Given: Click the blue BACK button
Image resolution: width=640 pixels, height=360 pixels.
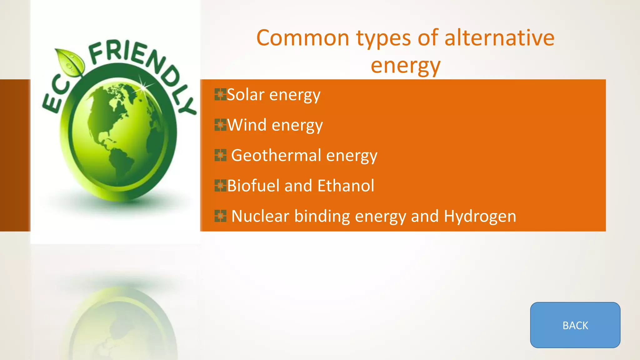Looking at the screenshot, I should coord(575,325).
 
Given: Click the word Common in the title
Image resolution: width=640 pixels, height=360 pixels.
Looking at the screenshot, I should coord(302,38).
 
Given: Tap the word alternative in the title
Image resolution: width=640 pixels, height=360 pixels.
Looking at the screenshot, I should coord(499,38).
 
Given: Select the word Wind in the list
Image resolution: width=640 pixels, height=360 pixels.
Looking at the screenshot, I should coord(247,125).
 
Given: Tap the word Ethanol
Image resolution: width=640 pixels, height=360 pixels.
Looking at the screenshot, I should coord(346,186).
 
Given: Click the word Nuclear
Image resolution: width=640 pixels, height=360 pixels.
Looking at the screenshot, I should coord(260,216).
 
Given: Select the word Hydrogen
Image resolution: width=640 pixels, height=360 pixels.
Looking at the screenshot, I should coord(480,216).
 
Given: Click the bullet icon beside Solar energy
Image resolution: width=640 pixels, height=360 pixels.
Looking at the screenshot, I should coord(220,94).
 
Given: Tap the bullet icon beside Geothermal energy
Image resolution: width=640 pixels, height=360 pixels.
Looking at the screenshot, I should coord(220,155).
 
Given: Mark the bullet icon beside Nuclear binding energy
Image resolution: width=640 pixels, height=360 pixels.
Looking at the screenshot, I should coord(220,216).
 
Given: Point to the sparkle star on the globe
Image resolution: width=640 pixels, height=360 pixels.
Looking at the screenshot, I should coord(143,87).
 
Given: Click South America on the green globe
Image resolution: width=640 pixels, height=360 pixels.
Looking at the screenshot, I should coord(120,162).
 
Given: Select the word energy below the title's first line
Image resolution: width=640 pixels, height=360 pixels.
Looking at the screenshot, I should coord(405,66).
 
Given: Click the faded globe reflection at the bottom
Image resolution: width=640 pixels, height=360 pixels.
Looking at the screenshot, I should coord(122,325).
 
